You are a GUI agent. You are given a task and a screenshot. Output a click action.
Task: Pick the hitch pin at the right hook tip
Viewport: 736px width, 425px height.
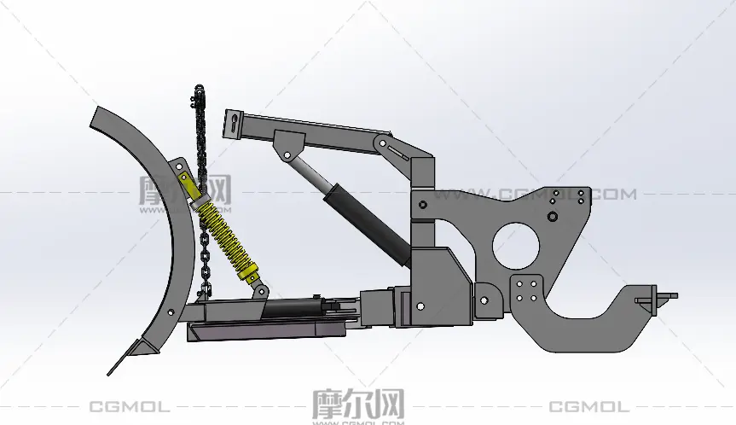(656, 298)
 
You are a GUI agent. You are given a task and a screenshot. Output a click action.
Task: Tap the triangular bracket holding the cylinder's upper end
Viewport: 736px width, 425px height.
(288, 144)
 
